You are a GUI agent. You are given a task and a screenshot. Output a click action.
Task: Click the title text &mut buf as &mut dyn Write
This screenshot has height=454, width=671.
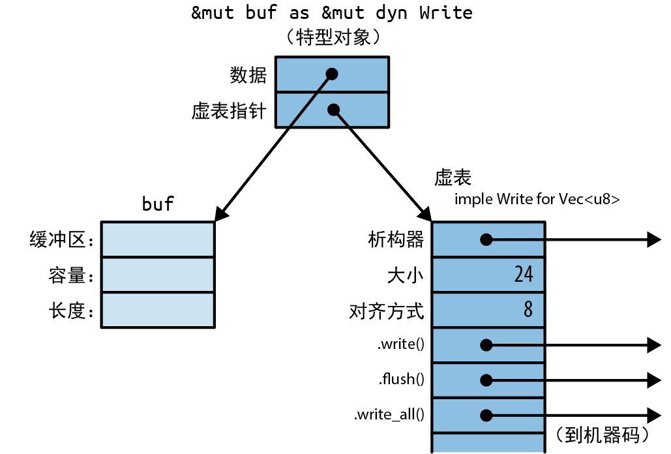[331, 12]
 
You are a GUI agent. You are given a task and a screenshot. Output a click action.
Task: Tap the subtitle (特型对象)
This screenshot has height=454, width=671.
[331, 37]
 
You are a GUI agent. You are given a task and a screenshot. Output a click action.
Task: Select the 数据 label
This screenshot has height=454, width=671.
[248, 75]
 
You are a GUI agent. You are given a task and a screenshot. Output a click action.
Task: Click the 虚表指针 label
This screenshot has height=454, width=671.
[229, 111]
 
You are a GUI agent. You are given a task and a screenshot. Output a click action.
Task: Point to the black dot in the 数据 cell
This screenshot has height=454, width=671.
[332, 74]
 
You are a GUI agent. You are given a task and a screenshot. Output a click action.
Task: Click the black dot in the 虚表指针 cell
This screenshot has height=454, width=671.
[334, 110]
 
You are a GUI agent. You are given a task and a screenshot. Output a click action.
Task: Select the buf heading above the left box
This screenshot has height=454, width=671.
[158, 204]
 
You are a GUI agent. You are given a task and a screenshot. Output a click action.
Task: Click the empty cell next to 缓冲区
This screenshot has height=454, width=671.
[158, 239]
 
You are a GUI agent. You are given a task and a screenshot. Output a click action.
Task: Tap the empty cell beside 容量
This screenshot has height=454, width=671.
[158, 275]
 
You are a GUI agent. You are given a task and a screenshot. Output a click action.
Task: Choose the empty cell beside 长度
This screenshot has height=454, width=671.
[158, 310]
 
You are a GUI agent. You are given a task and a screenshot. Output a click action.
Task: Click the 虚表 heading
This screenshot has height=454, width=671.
[453, 177]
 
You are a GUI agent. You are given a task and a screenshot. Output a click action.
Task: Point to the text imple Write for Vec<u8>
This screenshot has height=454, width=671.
[537, 199]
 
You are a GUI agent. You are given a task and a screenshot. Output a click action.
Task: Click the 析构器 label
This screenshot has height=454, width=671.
[396, 240]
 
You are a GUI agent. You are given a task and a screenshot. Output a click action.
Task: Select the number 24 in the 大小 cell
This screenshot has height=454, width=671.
[523, 275]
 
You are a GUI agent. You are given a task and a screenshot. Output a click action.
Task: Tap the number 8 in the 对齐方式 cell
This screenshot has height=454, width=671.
[528, 309]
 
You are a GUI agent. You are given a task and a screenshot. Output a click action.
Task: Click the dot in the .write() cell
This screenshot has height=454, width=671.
[486, 345]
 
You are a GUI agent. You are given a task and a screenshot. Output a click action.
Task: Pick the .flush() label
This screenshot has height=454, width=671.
[401, 379]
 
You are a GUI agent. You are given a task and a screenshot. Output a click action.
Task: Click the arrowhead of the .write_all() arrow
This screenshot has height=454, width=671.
[654, 414]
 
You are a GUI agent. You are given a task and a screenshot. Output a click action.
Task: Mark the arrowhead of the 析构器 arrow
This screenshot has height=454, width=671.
[654, 240]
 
